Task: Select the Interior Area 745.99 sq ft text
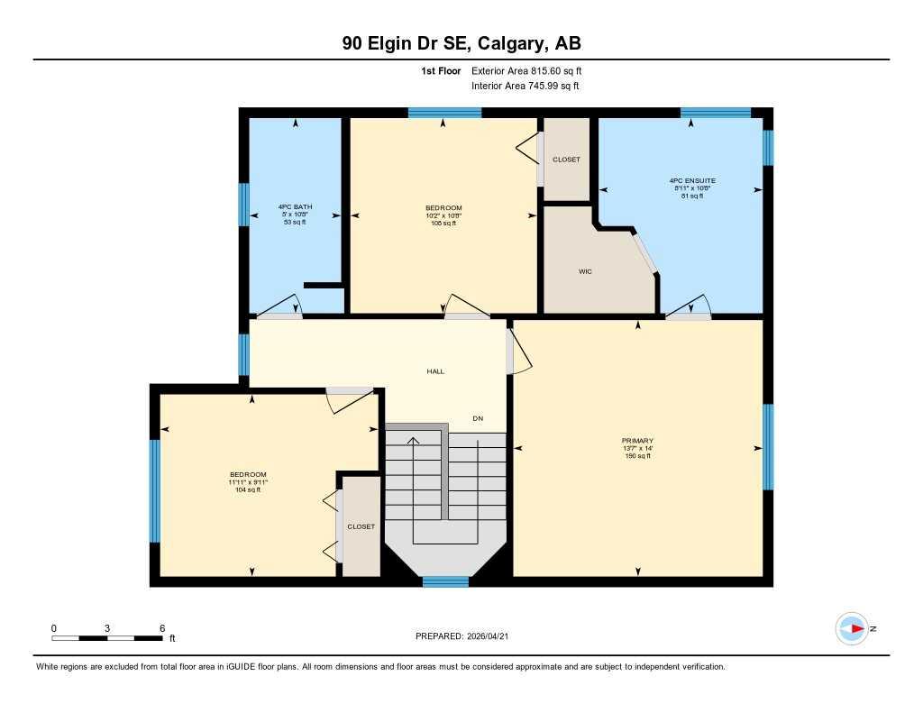(x=525, y=86)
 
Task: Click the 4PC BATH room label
(x=295, y=207)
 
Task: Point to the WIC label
(x=585, y=270)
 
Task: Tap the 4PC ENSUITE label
(x=693, y=180)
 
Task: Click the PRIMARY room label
(x=637, y=441)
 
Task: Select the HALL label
(x=435, y=371)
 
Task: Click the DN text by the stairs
(x=478, y=418)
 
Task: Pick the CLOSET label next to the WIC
(x=566, y=160)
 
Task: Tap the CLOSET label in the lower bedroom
(x=361, y=526)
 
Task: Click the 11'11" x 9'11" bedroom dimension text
(x=248, y=482)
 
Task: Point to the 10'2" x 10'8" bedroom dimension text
(x=443, y=215)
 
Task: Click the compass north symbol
(x=852, y=628)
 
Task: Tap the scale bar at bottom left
(x=107, y=638)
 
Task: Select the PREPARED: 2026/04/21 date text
(x=467, y=635)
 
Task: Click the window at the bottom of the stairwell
(x=445, y=581)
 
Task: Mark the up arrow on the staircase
(x=414, y=441)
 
